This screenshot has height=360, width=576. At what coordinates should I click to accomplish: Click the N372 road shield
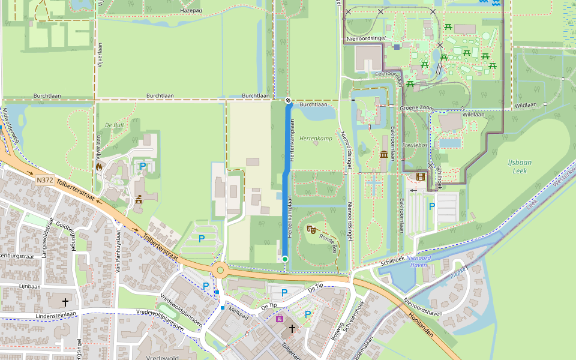tap(44, 180)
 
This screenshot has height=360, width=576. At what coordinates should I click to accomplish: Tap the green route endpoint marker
tap(286, 259)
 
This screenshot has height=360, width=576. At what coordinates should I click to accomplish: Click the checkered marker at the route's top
tap(288, 100)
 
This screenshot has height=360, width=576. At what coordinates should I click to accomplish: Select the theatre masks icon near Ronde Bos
tap(311, 229)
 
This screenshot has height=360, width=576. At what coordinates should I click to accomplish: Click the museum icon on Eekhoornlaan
tap(384, 155)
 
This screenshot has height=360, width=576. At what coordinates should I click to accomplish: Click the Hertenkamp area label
tap(316, 139)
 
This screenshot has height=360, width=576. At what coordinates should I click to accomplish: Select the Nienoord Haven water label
tap(419, 261)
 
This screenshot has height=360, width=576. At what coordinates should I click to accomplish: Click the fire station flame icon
tap(99, 166)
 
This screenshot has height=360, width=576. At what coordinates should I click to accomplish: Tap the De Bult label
tap(114, 125)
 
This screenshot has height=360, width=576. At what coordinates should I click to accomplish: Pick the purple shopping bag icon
tap(280, 318)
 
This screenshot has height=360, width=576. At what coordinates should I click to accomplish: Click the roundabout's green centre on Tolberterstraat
tap(220, 270)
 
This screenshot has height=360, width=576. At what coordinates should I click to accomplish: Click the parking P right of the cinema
tap(431, 206)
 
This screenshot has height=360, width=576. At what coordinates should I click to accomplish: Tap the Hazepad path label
tap(190, 11)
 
